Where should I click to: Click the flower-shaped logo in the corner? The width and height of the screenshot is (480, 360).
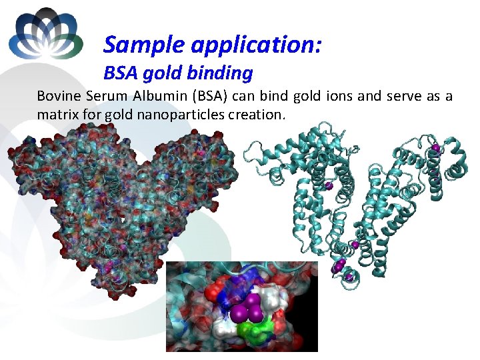tap(45, 33)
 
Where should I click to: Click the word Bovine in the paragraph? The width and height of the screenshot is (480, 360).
tap(59, 96)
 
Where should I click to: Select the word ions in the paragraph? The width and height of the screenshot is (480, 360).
tap(337, 96)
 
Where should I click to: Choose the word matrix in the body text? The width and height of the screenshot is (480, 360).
tap(56, 114)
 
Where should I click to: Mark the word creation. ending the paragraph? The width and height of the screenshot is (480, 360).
tap(257, 114)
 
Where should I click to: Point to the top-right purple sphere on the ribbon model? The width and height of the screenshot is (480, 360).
tap(435, 147)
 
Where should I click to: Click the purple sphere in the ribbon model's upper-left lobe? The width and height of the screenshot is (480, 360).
tap(328, 185)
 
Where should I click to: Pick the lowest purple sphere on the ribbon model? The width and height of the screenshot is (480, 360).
tap(347, 277)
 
